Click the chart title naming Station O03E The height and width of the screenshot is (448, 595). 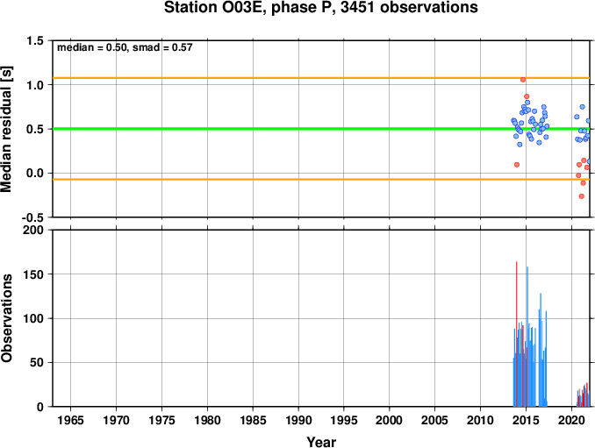(321, 7)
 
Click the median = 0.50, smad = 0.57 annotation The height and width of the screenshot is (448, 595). (125, 47)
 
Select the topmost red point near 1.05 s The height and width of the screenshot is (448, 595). (523, 80)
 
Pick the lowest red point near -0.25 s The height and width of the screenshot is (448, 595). (581, 196)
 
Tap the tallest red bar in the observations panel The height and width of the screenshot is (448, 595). (516, 334)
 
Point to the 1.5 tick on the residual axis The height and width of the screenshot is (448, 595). (35, 40)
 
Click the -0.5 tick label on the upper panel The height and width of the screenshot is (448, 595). (32, 217)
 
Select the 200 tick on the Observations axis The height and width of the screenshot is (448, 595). (33, 230)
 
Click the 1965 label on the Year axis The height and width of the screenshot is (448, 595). (70, 420)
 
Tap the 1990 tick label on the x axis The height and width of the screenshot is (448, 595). (298, 420)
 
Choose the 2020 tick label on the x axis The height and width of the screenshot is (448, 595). (571, 420)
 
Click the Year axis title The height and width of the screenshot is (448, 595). (321, 442)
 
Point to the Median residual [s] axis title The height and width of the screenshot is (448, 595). (6, 129)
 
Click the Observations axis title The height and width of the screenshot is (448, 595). (6, 318)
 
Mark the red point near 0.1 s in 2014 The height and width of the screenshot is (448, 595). (517, 165)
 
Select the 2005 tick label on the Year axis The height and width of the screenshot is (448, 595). (435, 420)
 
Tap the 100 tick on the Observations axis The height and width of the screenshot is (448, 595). (33, 318)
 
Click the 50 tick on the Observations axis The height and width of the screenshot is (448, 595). (37, 362)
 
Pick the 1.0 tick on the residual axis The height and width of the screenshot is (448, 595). (35, 85)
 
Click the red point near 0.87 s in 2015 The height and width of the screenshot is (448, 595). (527, 96)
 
